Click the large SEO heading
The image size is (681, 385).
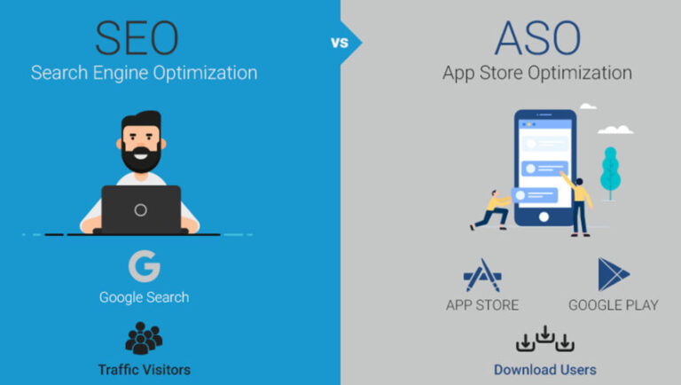click(137, 38)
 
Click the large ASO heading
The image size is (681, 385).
click(537, 38)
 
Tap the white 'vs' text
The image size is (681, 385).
click(340, 43)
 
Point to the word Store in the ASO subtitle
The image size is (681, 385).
click(501, 73)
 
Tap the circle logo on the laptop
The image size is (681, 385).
click(140, 210)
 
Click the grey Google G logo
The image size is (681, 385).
click(145, 266)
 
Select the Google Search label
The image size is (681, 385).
click(145, 298)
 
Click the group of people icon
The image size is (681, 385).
click(144, 338)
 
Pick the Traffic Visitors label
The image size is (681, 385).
click(145, 370)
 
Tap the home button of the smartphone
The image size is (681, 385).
click(544, 216)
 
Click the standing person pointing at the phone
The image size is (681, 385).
click(578, 205)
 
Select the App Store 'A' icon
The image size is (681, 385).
click(482, 275)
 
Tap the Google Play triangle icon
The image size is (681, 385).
click(613, 274)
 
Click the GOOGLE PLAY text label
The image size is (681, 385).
click(614, 305)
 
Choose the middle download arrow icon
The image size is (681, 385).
click(545, 334)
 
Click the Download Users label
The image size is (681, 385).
click(545, 370)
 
